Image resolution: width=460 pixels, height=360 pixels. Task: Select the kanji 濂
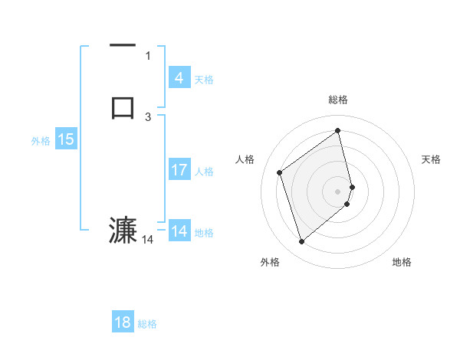123,231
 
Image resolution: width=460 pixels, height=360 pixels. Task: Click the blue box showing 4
179,77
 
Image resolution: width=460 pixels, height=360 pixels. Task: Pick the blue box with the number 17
179,170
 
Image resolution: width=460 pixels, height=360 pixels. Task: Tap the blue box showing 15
65,139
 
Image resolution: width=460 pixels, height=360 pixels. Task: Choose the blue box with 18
123,322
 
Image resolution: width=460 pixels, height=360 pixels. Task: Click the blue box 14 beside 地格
179,231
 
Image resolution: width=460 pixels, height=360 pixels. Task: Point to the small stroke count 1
148,55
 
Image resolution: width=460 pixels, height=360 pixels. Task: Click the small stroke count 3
148,116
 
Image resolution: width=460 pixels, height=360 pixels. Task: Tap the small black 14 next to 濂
148,240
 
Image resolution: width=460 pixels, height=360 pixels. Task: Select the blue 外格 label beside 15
41,141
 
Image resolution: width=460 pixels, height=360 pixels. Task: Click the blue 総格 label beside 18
147,324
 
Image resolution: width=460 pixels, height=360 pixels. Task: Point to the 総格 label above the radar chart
337,100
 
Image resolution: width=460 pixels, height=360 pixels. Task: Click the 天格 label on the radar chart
431,159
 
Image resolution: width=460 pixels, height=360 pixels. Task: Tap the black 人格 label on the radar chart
245,159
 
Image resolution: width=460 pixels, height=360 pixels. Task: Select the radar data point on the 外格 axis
301,242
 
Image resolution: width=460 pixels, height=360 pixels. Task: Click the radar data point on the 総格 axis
338,130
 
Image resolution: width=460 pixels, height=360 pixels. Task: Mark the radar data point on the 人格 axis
280,172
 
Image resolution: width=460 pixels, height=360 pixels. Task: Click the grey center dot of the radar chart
338,191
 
